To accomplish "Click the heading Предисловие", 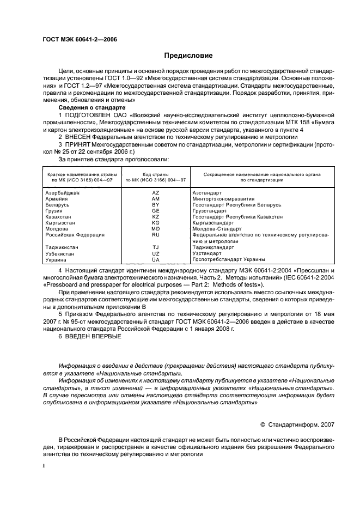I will [188, 56].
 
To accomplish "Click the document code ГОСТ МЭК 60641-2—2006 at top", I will [80, 40].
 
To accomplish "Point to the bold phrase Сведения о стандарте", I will [91, 108].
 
